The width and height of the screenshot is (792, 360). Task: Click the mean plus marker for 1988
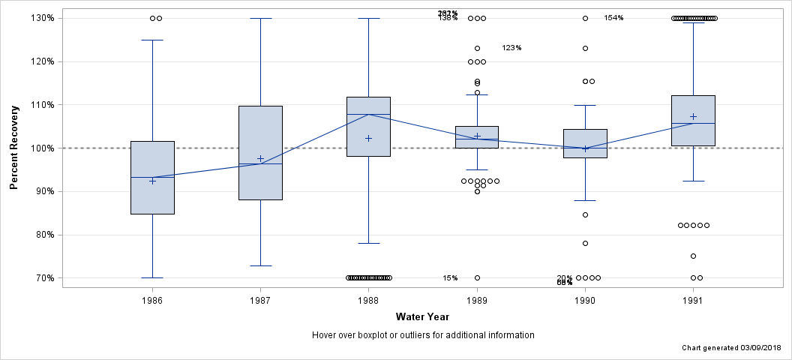click(x=368, y=138)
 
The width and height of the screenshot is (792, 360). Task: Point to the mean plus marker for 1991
click(x=693, y=116)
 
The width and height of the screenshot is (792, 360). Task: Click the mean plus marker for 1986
click(x=152, y=181)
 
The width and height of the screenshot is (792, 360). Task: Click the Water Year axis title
click(x=423, y=316)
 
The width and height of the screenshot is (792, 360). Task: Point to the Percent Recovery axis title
click(x=14, y=148)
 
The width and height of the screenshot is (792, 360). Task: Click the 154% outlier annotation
click(x=613, y=18)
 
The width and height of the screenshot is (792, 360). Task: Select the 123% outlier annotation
click(x=511, y=48)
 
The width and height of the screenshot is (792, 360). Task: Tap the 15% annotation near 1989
click(x=450, y=278)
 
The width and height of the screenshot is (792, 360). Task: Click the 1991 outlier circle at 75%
click(x=693, y=256)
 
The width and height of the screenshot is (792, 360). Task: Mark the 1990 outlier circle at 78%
click(x=585, y=243)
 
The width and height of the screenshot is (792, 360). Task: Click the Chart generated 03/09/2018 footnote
click(x=732, y=349)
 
